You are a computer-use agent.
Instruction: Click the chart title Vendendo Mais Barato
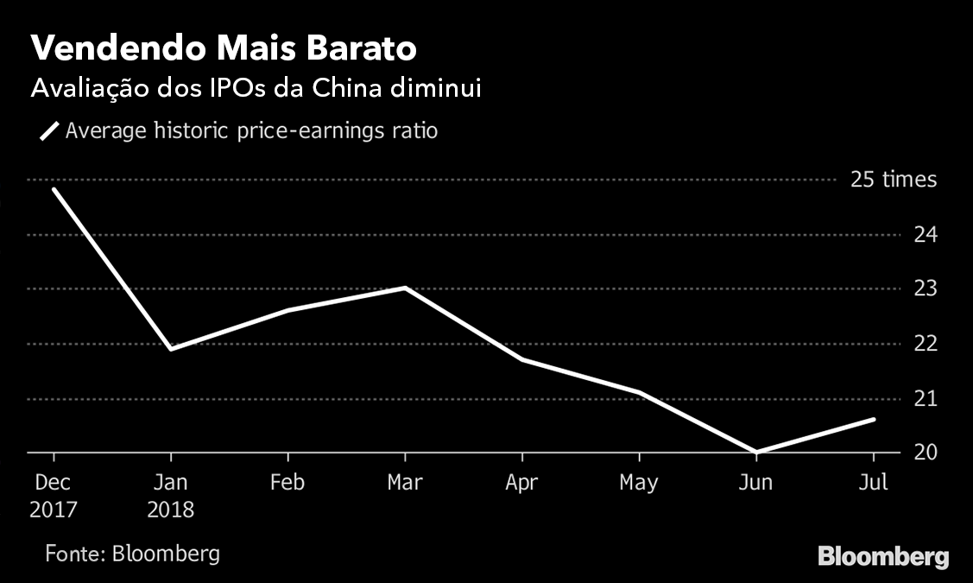point(224,49)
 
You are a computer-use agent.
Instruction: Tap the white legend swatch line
point(49,132)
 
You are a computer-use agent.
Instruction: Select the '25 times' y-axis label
point(893,180)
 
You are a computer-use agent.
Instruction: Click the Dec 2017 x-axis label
point(54,495)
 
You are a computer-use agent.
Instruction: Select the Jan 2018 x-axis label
point(170,495)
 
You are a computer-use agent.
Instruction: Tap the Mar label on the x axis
point(404,482)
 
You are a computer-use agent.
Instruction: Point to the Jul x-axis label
point(874,482)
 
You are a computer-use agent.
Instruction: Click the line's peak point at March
point(405,288)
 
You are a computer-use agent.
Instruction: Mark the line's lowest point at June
point(756,452)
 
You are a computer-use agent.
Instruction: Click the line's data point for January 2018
point(171,349)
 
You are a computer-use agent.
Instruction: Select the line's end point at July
point(874,420)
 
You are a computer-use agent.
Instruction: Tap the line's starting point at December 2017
point(54,189)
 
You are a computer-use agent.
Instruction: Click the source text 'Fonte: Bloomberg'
point(132,553)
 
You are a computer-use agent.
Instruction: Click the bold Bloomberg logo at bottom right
point(883,556)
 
